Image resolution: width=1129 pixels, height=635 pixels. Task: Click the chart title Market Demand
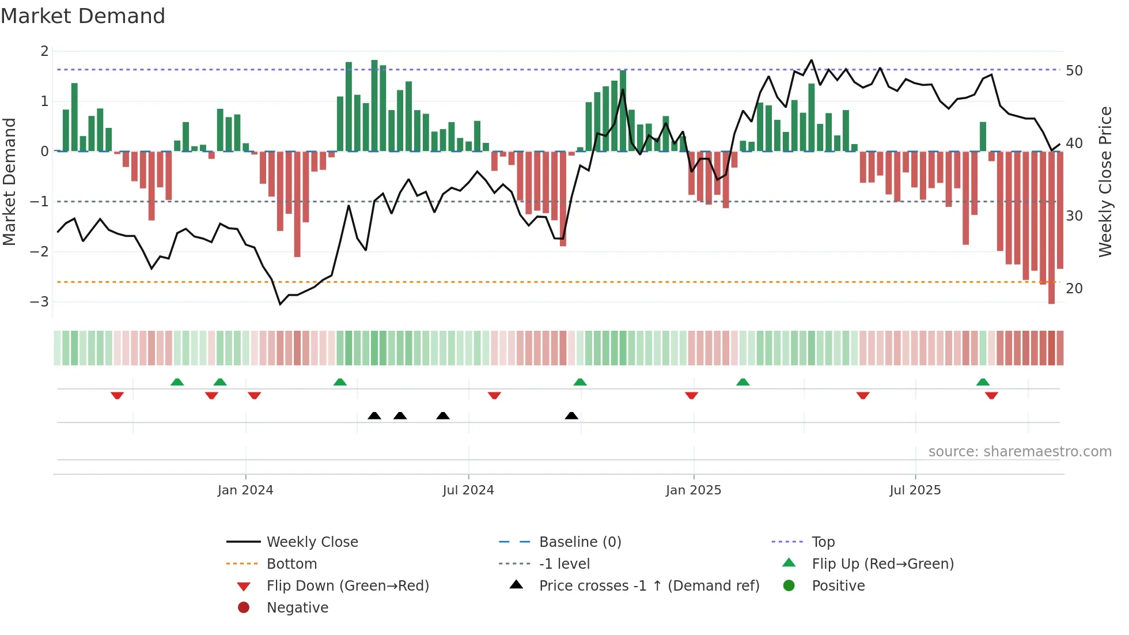click(x=83, y=16)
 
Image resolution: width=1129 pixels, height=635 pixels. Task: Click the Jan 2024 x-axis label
click(x=245, y=490)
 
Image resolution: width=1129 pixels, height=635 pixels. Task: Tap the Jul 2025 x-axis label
click(x=915, y=490)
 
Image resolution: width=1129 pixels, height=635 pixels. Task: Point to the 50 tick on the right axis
click(x=1074, y=71)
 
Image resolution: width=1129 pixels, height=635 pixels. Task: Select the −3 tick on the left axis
click(x=39, y=302)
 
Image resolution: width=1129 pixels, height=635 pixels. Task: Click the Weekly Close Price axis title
click(x=1105, y=182)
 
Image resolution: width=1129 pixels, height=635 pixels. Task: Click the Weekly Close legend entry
click(x=312, y=542)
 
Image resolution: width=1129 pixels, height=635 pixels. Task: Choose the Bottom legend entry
click(x=291, y=564)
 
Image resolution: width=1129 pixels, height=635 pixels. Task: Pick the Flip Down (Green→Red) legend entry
click(x=347, y=586)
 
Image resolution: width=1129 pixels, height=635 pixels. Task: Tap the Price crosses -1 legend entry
click(x=649, y=586)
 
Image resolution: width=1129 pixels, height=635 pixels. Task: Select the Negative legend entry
click(x=297, y=608)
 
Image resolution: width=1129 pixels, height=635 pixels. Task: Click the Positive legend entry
click(x=838, y=586)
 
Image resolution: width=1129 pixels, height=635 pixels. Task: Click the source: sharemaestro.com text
click(x=1020, y=452)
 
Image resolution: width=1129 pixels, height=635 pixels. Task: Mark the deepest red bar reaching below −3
click(x=1051, y=230)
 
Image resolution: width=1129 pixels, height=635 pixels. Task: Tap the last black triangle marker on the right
click(x=571, y=415)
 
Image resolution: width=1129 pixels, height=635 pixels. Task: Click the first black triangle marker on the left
click(x=374, y=415)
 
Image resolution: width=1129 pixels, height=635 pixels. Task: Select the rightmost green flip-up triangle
click(x=983, y=382)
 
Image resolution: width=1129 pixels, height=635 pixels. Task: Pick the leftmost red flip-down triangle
click(x=117, y=395)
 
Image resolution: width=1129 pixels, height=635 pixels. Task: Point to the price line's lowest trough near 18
click(x=281, y=304)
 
